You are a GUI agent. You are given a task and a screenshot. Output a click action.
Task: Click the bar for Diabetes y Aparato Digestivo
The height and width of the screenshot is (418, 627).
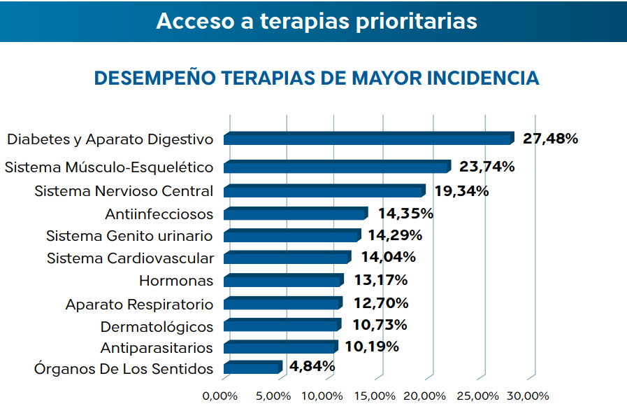368,139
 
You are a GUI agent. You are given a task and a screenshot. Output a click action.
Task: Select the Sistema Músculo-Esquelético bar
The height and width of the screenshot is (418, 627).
337,167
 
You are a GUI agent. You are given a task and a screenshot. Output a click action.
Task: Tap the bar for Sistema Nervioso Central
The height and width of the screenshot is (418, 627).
324,191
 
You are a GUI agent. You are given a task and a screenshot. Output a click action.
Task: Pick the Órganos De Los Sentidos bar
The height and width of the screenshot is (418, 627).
252,368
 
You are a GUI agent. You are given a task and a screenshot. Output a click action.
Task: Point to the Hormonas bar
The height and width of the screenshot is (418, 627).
284,281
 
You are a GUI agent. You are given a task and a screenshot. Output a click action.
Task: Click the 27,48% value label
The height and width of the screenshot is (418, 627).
550,139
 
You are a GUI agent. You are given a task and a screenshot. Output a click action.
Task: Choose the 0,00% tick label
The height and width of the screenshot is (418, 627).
220,396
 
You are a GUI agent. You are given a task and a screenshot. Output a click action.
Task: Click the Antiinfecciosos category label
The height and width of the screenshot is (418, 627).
159,214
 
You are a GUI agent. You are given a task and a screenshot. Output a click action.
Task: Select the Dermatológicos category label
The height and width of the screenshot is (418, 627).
157,326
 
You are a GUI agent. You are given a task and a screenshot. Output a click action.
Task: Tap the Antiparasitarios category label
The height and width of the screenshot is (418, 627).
157,348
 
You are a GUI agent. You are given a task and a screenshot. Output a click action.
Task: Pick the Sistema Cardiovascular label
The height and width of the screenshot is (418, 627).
130,258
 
